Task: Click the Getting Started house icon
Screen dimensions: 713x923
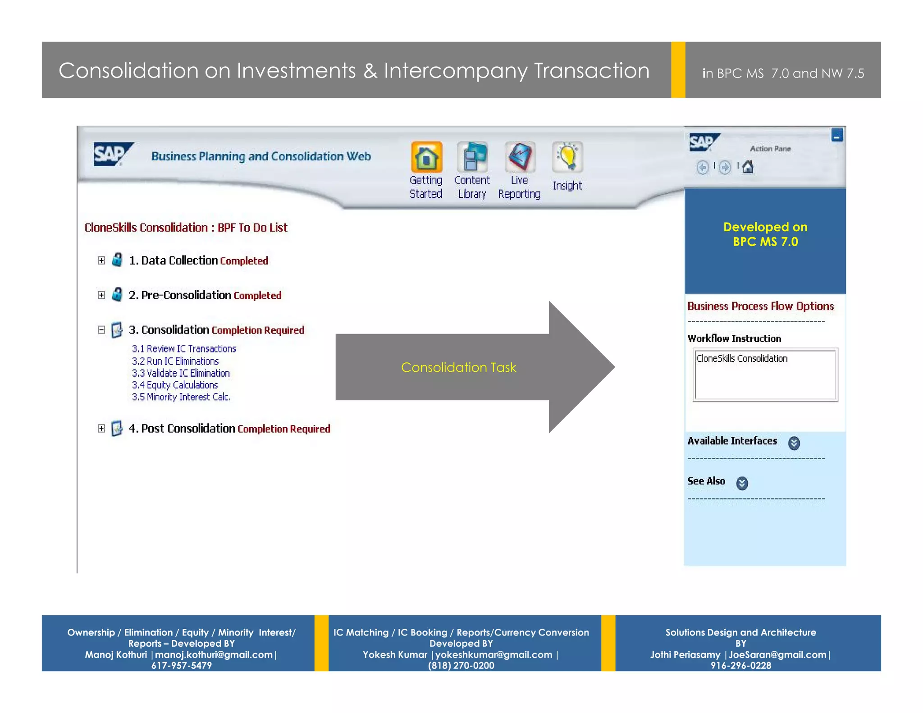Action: coord(426,157)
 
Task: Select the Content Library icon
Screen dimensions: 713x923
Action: coord(472,157)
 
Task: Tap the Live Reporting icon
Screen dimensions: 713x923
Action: coord(520,157)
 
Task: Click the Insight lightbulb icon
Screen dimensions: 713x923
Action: coord(567,157)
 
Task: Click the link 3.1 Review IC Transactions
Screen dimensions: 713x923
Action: coord(184,349)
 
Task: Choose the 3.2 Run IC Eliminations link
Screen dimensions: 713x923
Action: coord(175,361)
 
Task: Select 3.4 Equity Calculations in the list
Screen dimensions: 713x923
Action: coord(175,385)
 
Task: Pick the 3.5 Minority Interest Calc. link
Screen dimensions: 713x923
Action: coord(181,397)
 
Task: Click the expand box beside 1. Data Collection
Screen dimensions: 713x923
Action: coord(101,261)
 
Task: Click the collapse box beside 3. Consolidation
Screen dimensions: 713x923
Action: coord(101,330)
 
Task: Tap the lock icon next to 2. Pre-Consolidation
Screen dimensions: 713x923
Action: coord(117,295)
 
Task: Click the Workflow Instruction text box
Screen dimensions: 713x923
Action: coord(765,375)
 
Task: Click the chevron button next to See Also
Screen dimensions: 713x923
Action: coord(742,484)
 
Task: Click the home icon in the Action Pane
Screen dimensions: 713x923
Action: coord(748,167)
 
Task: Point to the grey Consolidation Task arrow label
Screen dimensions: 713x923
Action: coord(458,368)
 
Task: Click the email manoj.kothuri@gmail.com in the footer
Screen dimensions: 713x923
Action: coord(214,655)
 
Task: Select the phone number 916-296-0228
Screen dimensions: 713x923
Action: coord(740,666)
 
